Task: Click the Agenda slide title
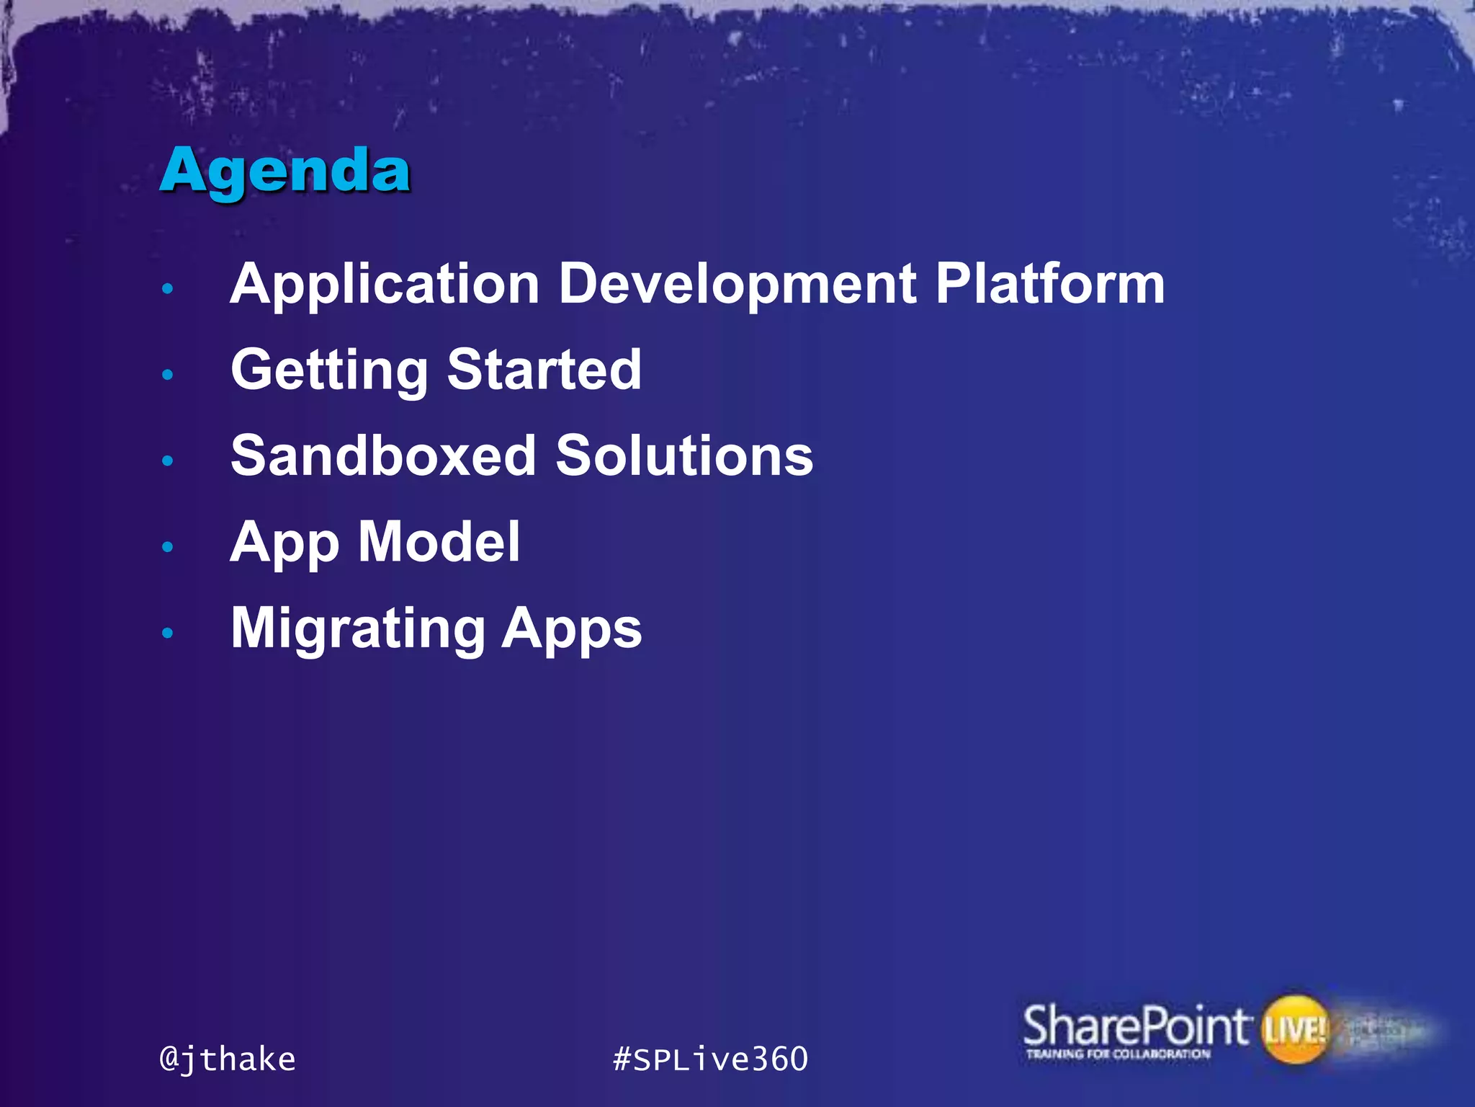(x=285, y=172)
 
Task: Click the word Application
(x=385, y=285)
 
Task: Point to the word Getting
(x=329, y=371)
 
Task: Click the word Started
(x=544, y=370)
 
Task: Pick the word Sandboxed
(x=384, y=456)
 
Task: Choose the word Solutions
(x=684, y=456)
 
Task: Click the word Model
(x=439, y=542)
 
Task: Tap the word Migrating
(x=358, y=630)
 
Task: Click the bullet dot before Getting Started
(x=168, y=375)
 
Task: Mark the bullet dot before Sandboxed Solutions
(x=168, y=461)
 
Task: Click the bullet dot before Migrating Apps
(x=168, y=633)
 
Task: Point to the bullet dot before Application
(x=168, y=289)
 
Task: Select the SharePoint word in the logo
(x=1135, y=1025)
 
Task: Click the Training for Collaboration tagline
(x=1118, y=1054)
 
